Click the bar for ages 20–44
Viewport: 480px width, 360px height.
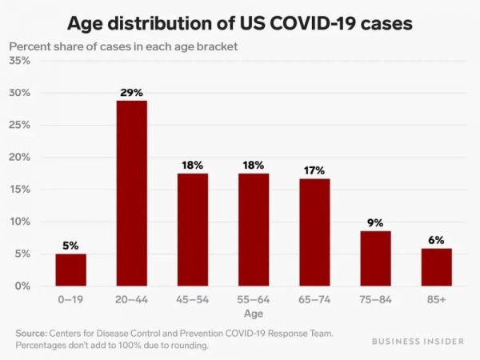pyautogui.click(x=131, y=193)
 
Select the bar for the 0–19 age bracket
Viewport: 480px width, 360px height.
pyautogui.click(x=70, y=270)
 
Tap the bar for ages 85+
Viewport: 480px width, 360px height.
pyautogui.click(x=436, y=266)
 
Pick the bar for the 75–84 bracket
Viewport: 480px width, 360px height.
pyautogui.click(x=375, y=258)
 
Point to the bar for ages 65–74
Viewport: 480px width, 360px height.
pyautogui.click(x=314, y=232)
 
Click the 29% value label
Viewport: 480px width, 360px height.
pyautogui.click(x=131, y=93)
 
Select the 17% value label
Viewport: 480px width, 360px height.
pyautogui.click(x=314, y=170)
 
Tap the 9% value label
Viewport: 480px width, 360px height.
pyautogui.click(x=375, y=222)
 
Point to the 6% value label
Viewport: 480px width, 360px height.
pyautogui.click(x=436, y=240)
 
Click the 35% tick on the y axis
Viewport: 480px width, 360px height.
pyautogui.click(x=20, y=61)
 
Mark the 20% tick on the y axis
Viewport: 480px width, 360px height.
pyautogui.click(x=20, y=158)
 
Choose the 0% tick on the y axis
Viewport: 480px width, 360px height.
pyautogui.click(x=23, y=286)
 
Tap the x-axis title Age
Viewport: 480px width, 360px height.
pyautogui.click(x=254, y=314)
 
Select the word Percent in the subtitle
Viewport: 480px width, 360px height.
pyautogui.click(x=31, y=45)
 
